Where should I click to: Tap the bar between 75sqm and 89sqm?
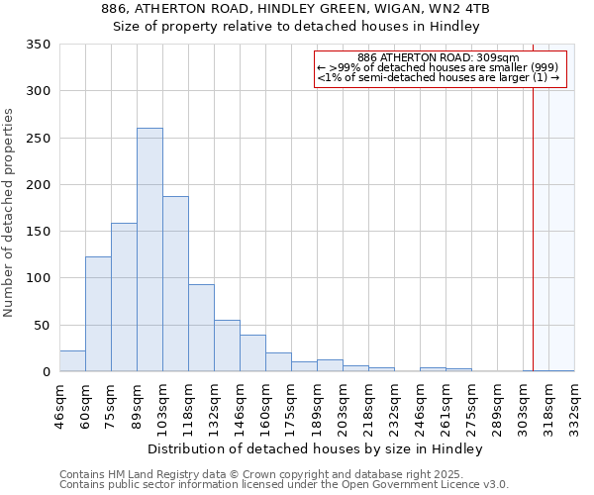[x=124, y=297]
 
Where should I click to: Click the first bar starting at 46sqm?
[x=72, y=361]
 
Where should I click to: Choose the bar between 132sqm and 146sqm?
[x=227, y=346]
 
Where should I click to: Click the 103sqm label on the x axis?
[x=163, y=407]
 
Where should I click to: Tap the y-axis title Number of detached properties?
[x=9, y=213]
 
